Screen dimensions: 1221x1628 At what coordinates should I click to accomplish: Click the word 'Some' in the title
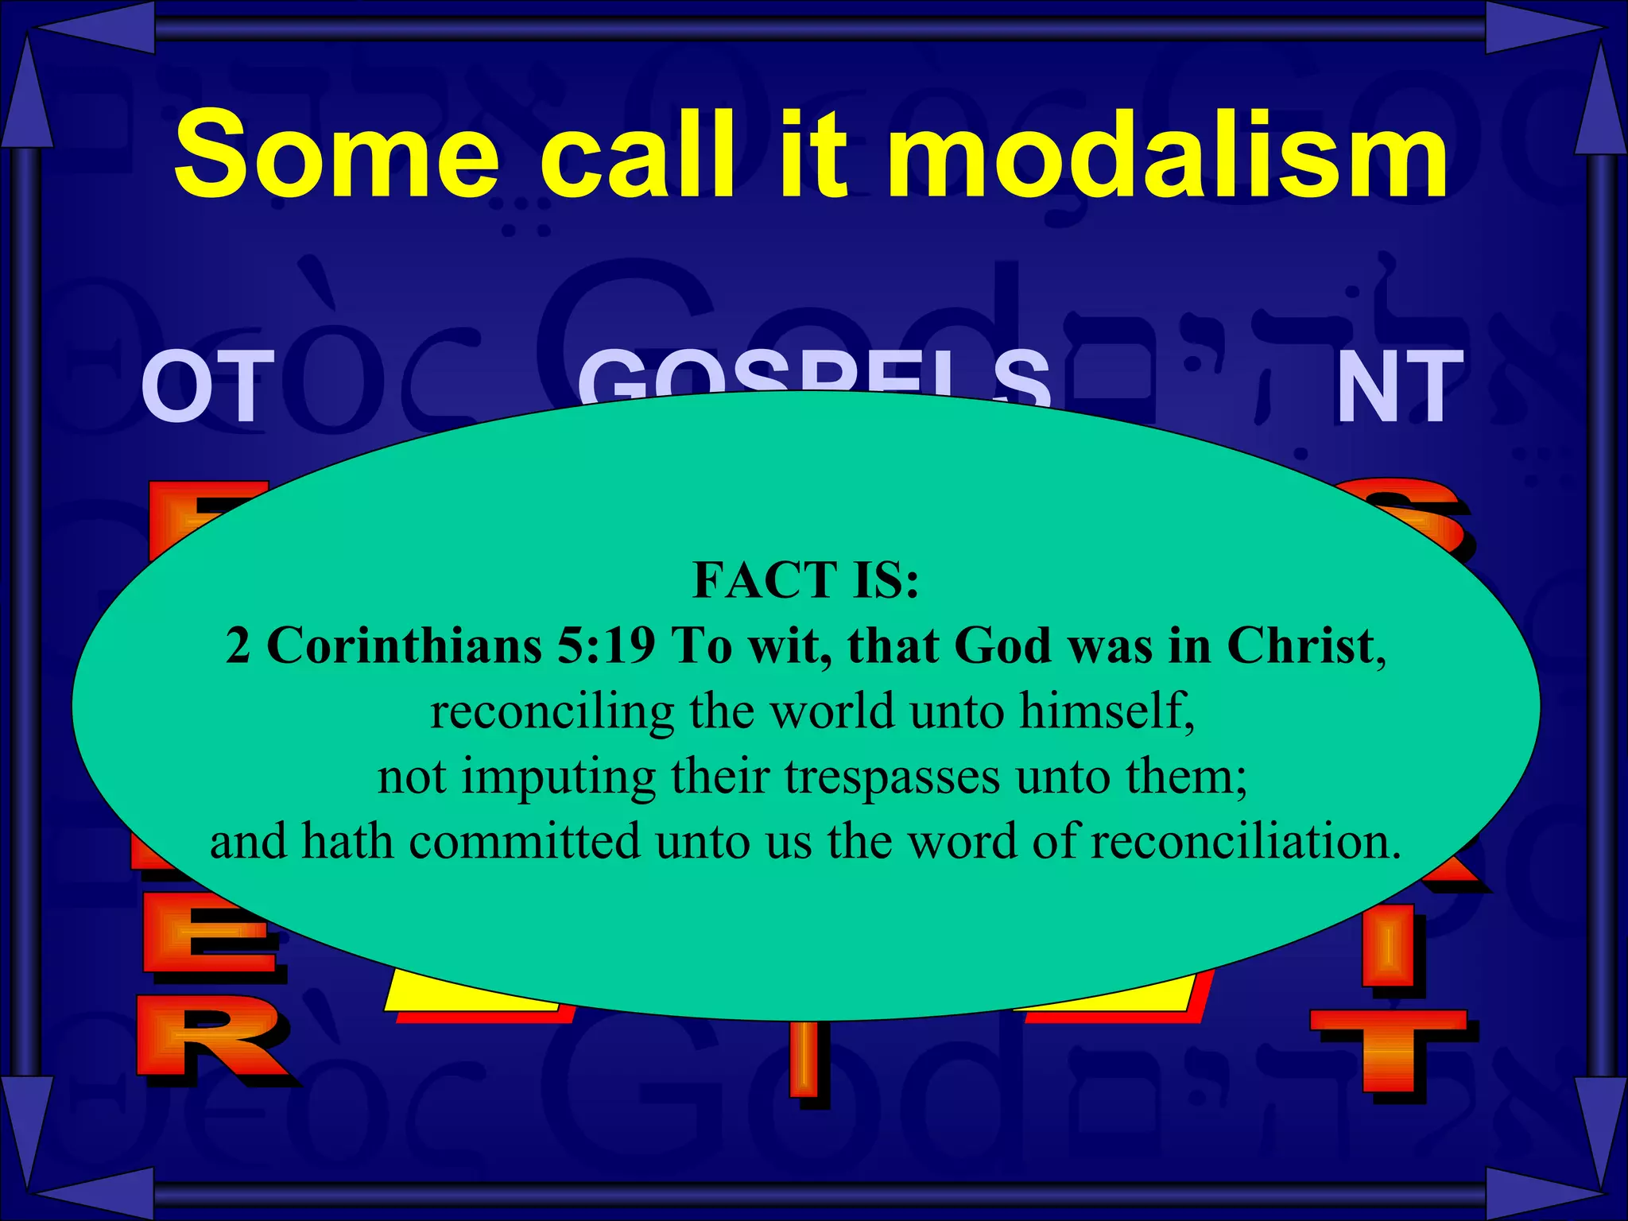pos(338,155)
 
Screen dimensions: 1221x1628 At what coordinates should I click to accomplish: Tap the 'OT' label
pos(208,387)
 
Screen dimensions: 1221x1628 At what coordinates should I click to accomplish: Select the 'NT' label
pos(1399,387)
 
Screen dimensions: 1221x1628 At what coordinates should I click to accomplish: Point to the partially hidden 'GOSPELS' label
pos(815,378)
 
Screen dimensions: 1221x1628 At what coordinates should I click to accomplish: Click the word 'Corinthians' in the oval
pos(404,645)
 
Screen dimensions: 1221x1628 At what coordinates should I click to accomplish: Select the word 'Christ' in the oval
pos(1300,645)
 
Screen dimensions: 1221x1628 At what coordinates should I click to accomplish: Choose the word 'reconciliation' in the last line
pos(1245,841)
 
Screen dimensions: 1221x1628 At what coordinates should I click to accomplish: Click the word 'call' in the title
pos(636,155)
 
